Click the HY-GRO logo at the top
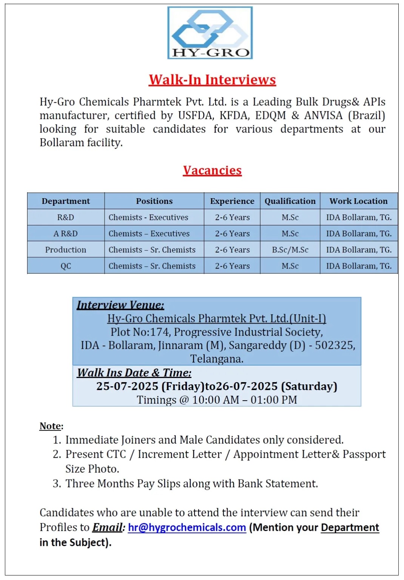[210, 33]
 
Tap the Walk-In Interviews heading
[212, 80]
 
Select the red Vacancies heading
[212, 170]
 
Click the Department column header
[66, 201]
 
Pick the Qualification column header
[290, 201]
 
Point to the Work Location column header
[358, 201]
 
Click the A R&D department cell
[66, 234]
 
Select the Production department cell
[66, 250]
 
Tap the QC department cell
[66, 266]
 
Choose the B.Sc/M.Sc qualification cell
[290, 250]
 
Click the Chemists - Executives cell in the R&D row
[148, 217]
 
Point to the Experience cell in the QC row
[232, 266]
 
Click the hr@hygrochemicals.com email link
[187, 528]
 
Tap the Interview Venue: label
[120, 305]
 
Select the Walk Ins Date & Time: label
[134, 373]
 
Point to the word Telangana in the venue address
[216, 359]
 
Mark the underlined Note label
[51, 426]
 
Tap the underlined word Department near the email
[350, 528]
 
